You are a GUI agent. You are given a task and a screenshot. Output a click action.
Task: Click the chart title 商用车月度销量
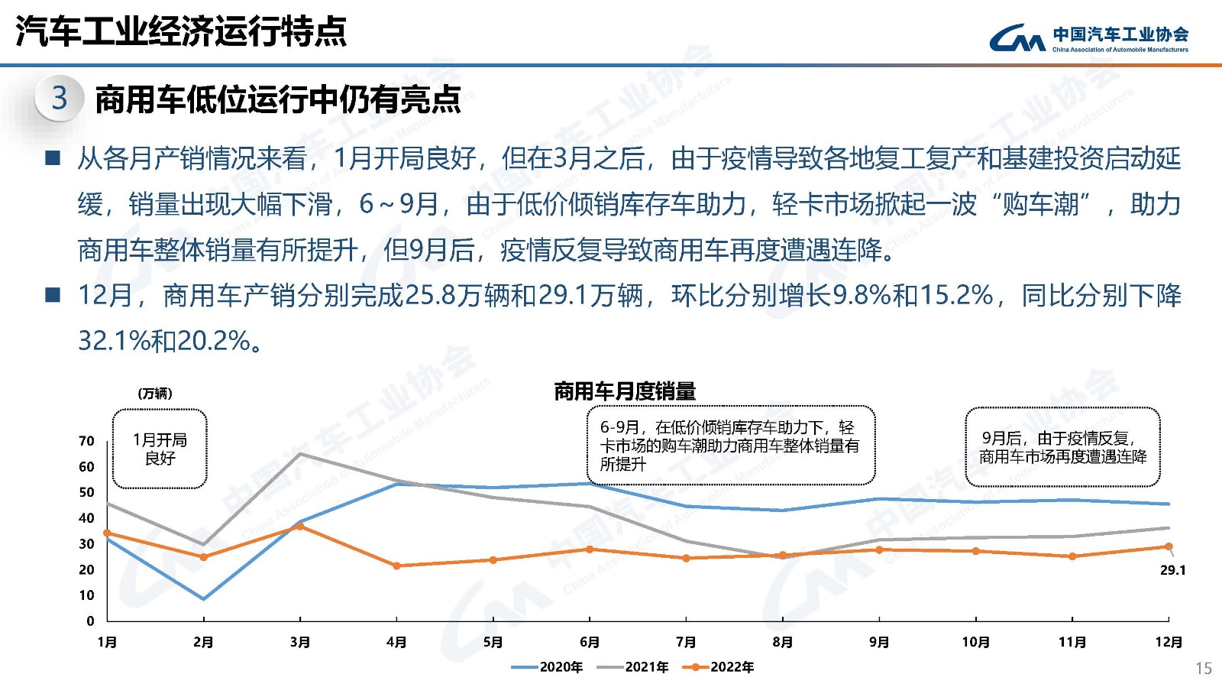tap(625, 391)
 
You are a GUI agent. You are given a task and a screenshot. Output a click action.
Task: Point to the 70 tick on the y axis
tap(86, 441)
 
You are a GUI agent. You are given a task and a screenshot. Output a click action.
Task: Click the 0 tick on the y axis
tap(90, 621)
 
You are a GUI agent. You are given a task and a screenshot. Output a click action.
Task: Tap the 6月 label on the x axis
tap(590, 642)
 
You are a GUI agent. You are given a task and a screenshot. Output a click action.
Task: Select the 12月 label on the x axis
tap(1169, 642)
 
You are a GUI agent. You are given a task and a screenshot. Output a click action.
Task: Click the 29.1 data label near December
tap(1172, 570)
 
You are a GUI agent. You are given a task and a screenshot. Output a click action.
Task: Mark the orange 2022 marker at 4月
tap(396, 566)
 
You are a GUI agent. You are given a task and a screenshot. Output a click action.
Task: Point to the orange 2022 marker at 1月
tap(107, 533)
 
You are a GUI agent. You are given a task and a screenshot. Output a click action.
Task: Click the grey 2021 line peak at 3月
tap(300, 454)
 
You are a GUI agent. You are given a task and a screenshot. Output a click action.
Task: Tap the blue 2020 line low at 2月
tap(203, 598)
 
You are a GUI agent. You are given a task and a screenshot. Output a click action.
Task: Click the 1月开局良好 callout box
tap(160, 449)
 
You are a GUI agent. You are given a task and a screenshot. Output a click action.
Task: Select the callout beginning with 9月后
tap(1062, 447)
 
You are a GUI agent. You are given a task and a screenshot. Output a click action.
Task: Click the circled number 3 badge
tap(59, 98)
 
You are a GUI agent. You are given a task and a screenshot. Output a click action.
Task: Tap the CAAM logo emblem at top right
tap(1017, 37)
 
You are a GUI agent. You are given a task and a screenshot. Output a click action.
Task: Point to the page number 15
tap(1203, 668)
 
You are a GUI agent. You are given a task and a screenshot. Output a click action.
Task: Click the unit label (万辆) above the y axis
tap(155, 394)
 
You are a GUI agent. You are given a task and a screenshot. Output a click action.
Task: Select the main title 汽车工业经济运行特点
tap(181, 31)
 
